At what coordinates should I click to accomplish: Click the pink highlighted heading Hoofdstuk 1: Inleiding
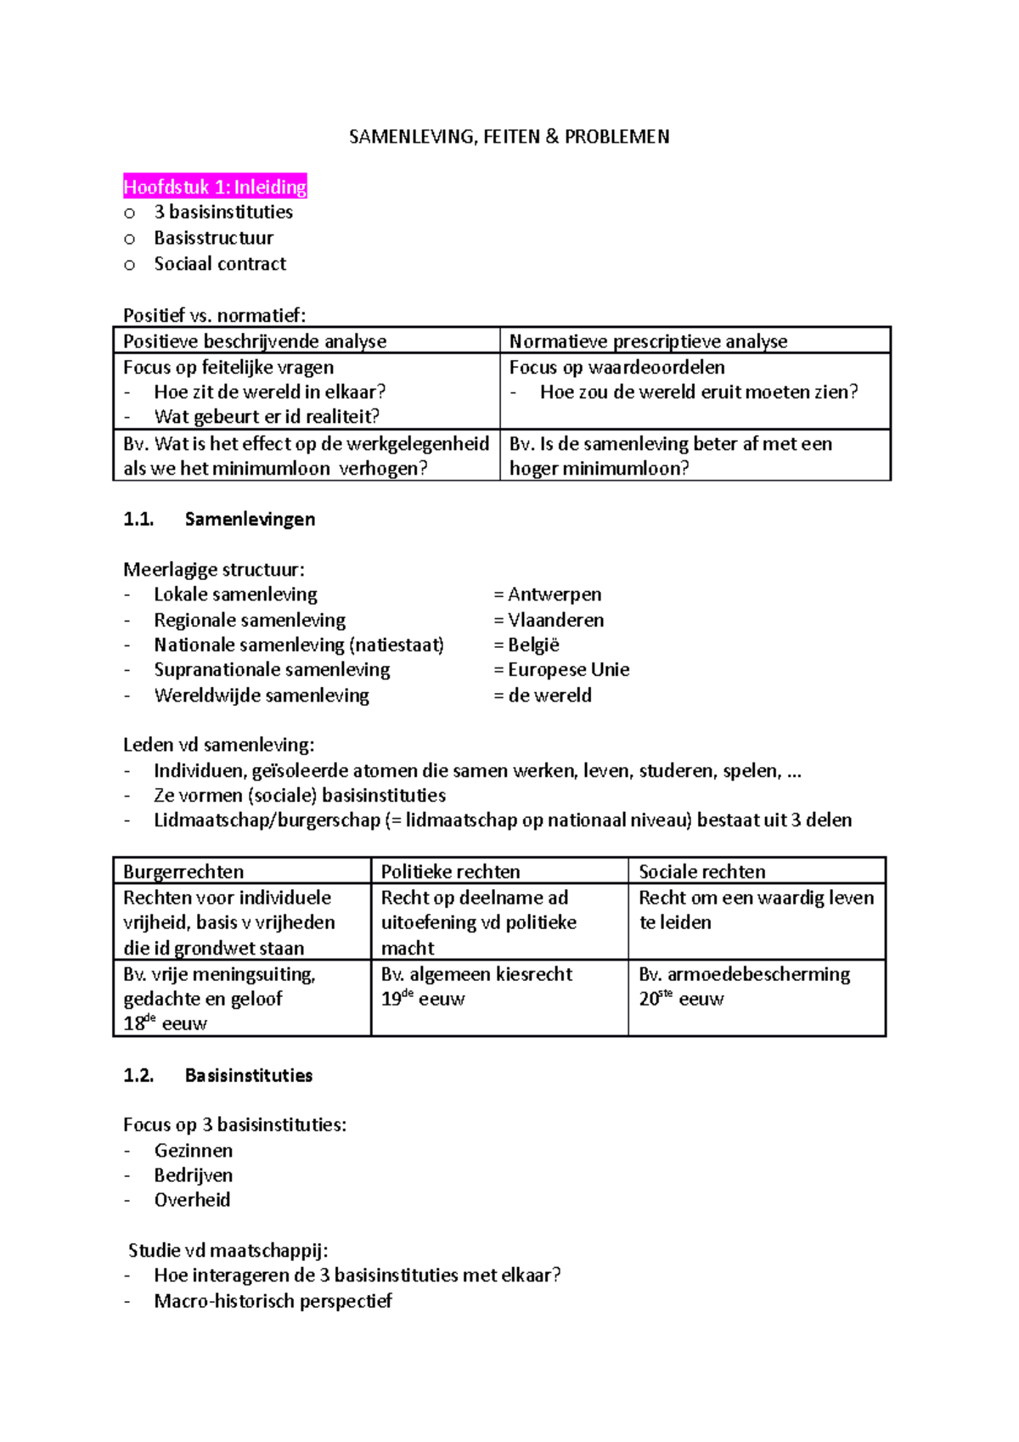(x=215, y=187)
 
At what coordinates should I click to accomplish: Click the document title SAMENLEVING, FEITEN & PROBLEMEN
(x=509, y=137)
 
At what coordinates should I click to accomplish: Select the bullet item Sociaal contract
(x=219, y=264)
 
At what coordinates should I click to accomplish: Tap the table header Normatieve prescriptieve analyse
(x=648, y=341)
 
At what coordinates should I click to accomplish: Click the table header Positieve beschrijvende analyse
(x=255, y=341)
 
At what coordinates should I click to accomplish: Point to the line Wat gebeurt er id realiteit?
(x=267, y=416)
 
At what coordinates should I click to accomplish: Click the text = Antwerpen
(x=548, y=594)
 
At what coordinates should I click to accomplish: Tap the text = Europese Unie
(x=561, y=669)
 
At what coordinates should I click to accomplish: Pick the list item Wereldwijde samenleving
(x=261, y=696)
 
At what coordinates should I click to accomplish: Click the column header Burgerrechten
(x=183, y=871)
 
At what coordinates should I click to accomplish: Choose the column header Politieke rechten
(x=450, y=871)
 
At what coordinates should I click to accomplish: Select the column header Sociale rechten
(x=701, y=871)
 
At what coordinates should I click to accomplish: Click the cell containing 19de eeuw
(x=423, y=999)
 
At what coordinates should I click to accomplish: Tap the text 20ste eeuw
(x=681, y=999)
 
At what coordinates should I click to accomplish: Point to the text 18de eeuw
(x=165, y=1023)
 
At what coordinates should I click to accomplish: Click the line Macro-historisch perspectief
(x=273, y=1301)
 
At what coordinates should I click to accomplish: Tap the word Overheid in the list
(x=192, y=1200)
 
